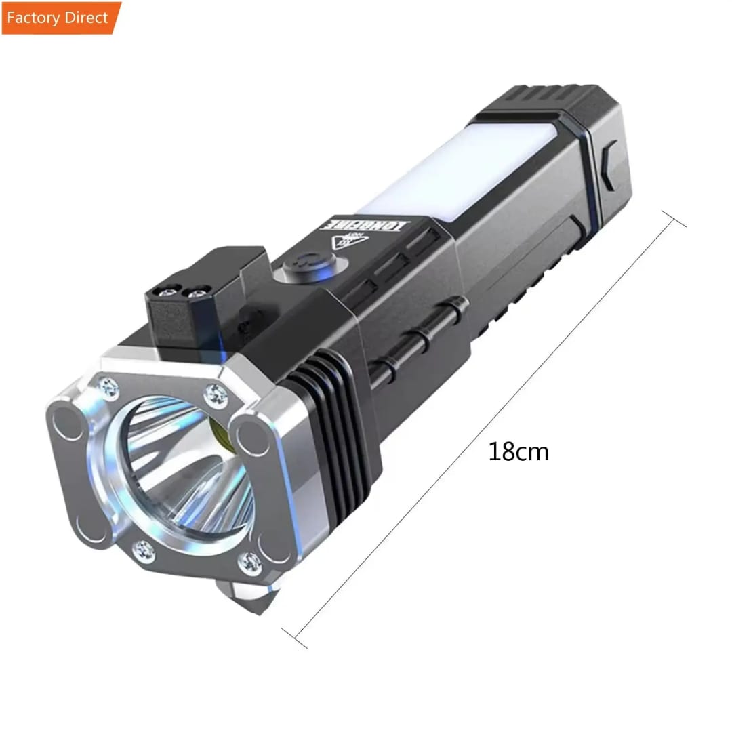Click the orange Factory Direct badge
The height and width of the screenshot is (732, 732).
tap(60, 18)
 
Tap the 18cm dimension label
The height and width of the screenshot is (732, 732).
tap(518, 452)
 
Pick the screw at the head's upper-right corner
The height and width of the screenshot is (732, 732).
tap(216, 393)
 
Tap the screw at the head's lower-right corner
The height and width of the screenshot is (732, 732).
tap(249, 563)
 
